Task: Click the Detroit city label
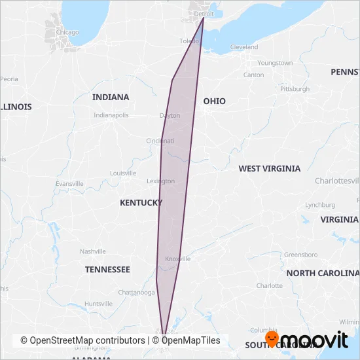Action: click(204, 13)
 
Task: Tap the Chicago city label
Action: click(67, 32)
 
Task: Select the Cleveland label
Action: click(243, 47)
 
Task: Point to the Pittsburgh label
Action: click(295, 88)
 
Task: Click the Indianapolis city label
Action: click(111, 115)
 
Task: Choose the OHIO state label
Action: click(214, 101)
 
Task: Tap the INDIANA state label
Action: click(111, 97)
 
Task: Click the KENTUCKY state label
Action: click(141, 203)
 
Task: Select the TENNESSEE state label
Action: click(107, 269)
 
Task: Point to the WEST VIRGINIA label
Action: click(269, 168)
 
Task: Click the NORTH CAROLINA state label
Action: click(322, 273)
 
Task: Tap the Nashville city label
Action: click(92, 251)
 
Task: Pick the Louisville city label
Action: click(123, 173)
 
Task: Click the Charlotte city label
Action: click(270, 286)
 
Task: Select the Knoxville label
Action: click(177, 259)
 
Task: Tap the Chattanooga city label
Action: click(136, 292)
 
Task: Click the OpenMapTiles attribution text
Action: click(191, 340)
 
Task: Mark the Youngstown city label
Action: click(275, 63)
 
